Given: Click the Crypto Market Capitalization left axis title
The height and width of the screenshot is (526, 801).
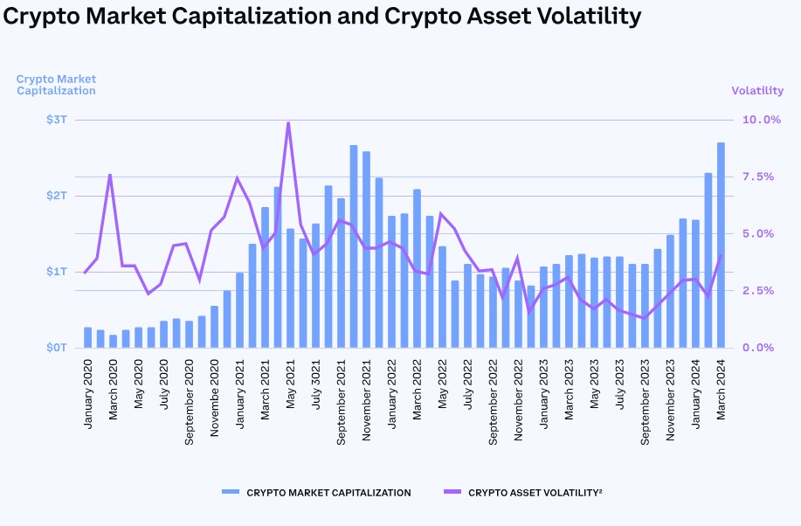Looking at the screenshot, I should tap(56, 85).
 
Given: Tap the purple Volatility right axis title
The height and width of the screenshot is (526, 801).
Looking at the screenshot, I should tap(757, 91).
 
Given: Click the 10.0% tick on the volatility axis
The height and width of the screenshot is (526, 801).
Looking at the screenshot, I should tap(761, 120).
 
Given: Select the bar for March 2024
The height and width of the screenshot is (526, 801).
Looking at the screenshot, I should tap(721, 245).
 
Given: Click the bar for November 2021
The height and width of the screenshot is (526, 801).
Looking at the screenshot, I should tap(366, 249).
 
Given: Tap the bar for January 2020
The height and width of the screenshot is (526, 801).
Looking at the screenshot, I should tap(87, 337).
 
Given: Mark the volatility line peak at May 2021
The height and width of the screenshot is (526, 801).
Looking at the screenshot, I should tap(288, 123).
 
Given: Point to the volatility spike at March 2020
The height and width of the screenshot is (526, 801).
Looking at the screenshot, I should tap(110, 175).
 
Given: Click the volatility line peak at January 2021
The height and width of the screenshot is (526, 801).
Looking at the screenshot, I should tap(237, 178).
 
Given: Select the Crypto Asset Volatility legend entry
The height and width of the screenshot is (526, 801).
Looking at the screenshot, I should tap(535, 493).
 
